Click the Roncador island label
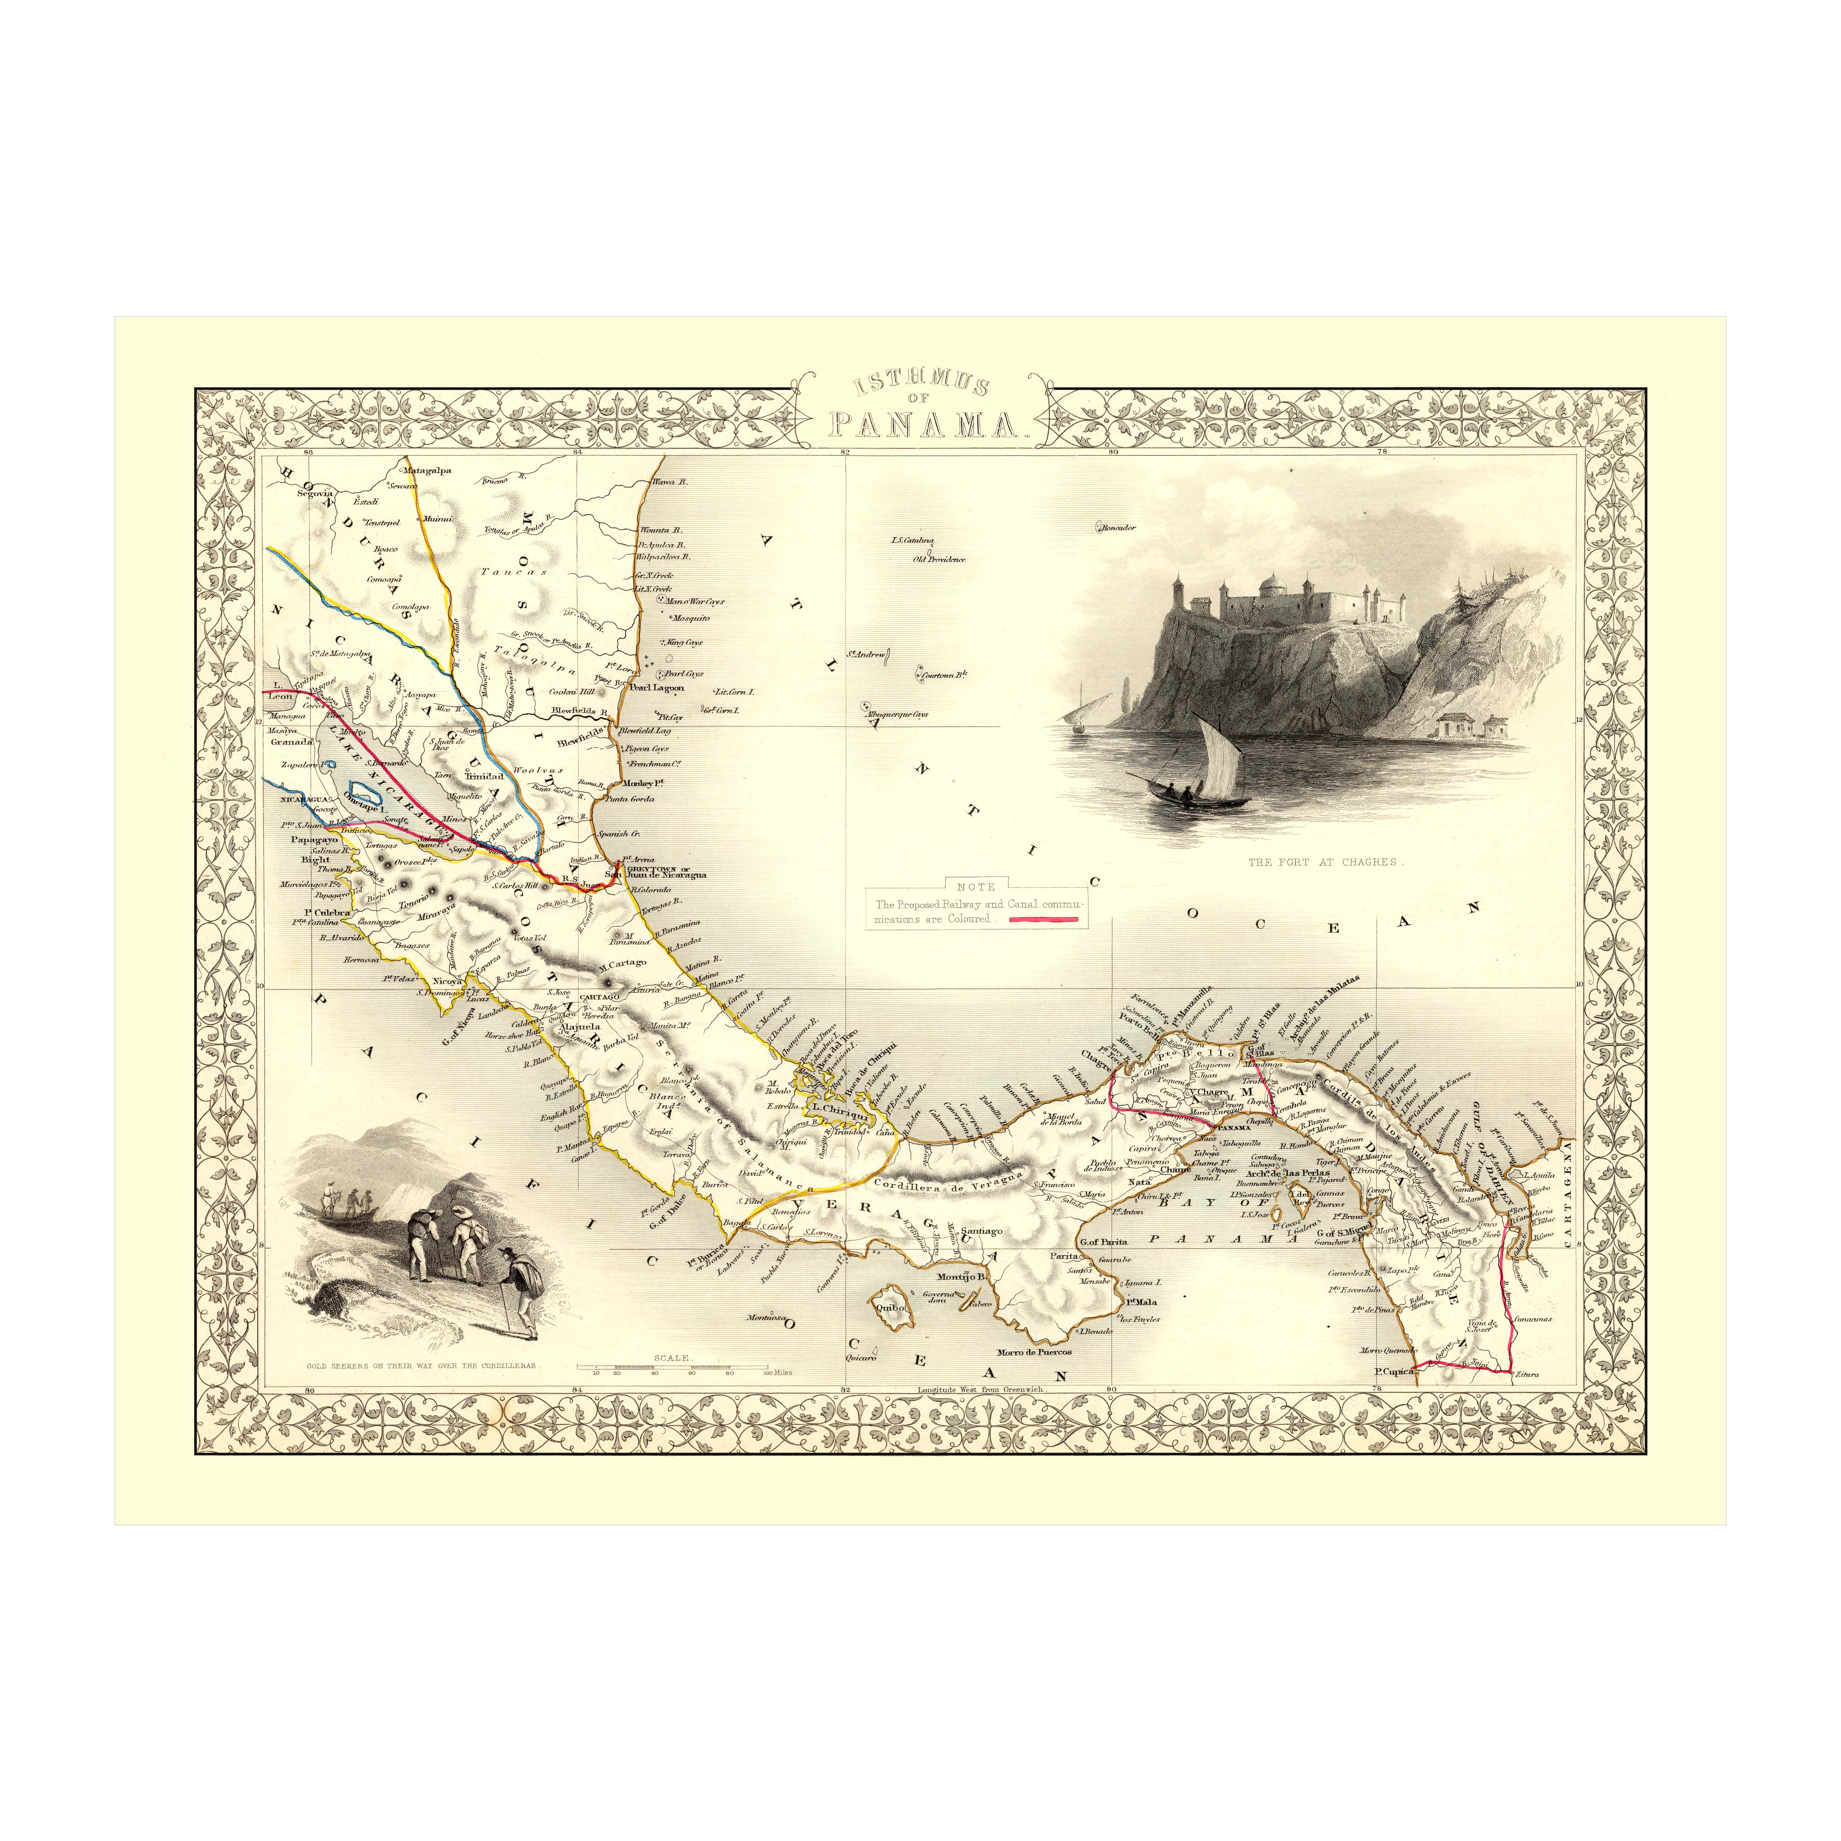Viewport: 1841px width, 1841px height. [1117, 526]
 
